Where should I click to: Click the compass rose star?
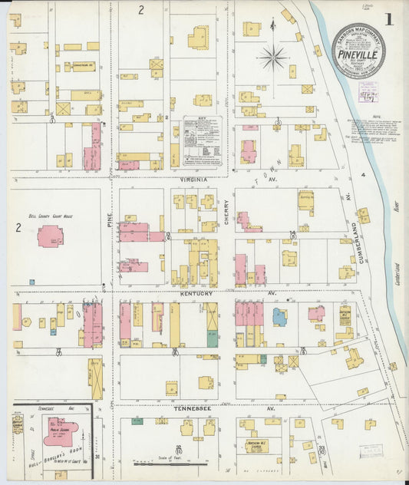(x=272, y=55)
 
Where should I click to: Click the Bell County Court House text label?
(x=45, y=217)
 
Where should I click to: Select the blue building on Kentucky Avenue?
(x=280, y=316)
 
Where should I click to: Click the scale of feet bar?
(x=170, y=464)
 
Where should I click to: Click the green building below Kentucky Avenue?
(x=212, y=338)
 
